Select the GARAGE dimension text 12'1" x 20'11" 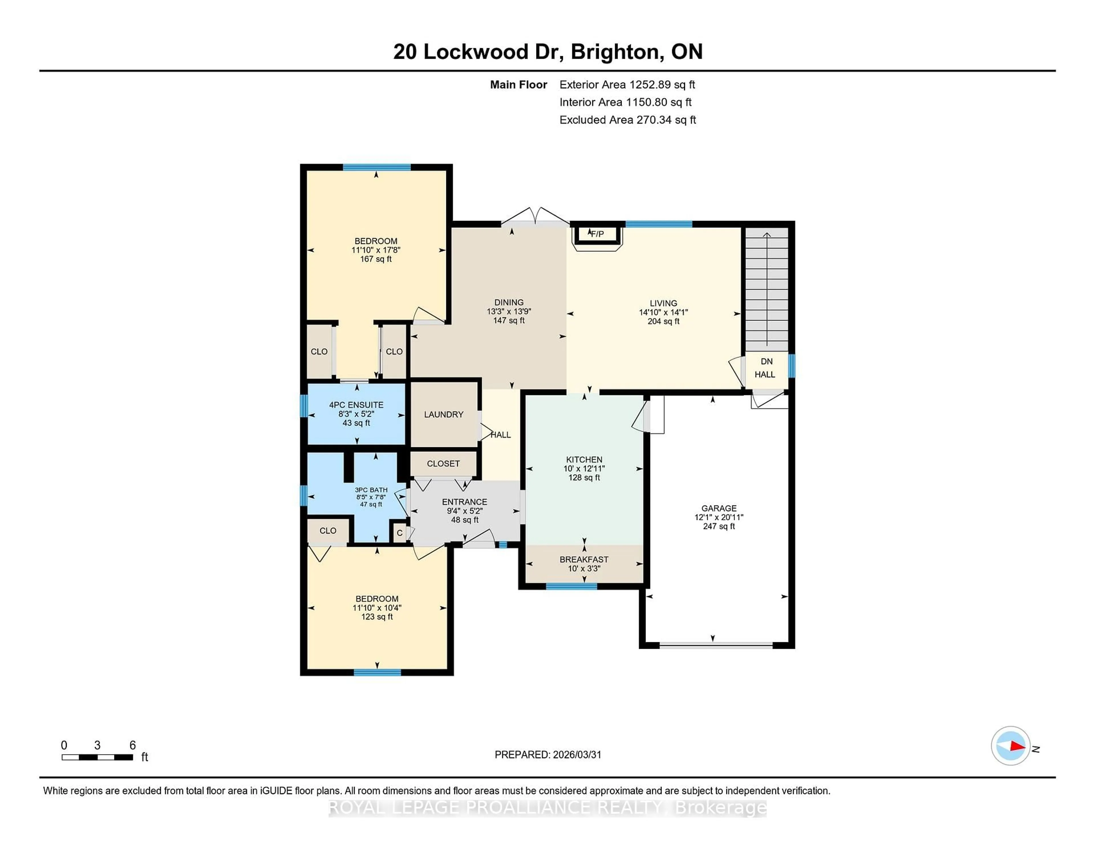719,517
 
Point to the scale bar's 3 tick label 97,745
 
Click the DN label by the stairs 766,361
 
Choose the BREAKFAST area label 584,559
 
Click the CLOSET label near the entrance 443,463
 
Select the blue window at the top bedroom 376,167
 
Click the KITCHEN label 584,459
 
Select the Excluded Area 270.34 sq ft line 627,120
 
